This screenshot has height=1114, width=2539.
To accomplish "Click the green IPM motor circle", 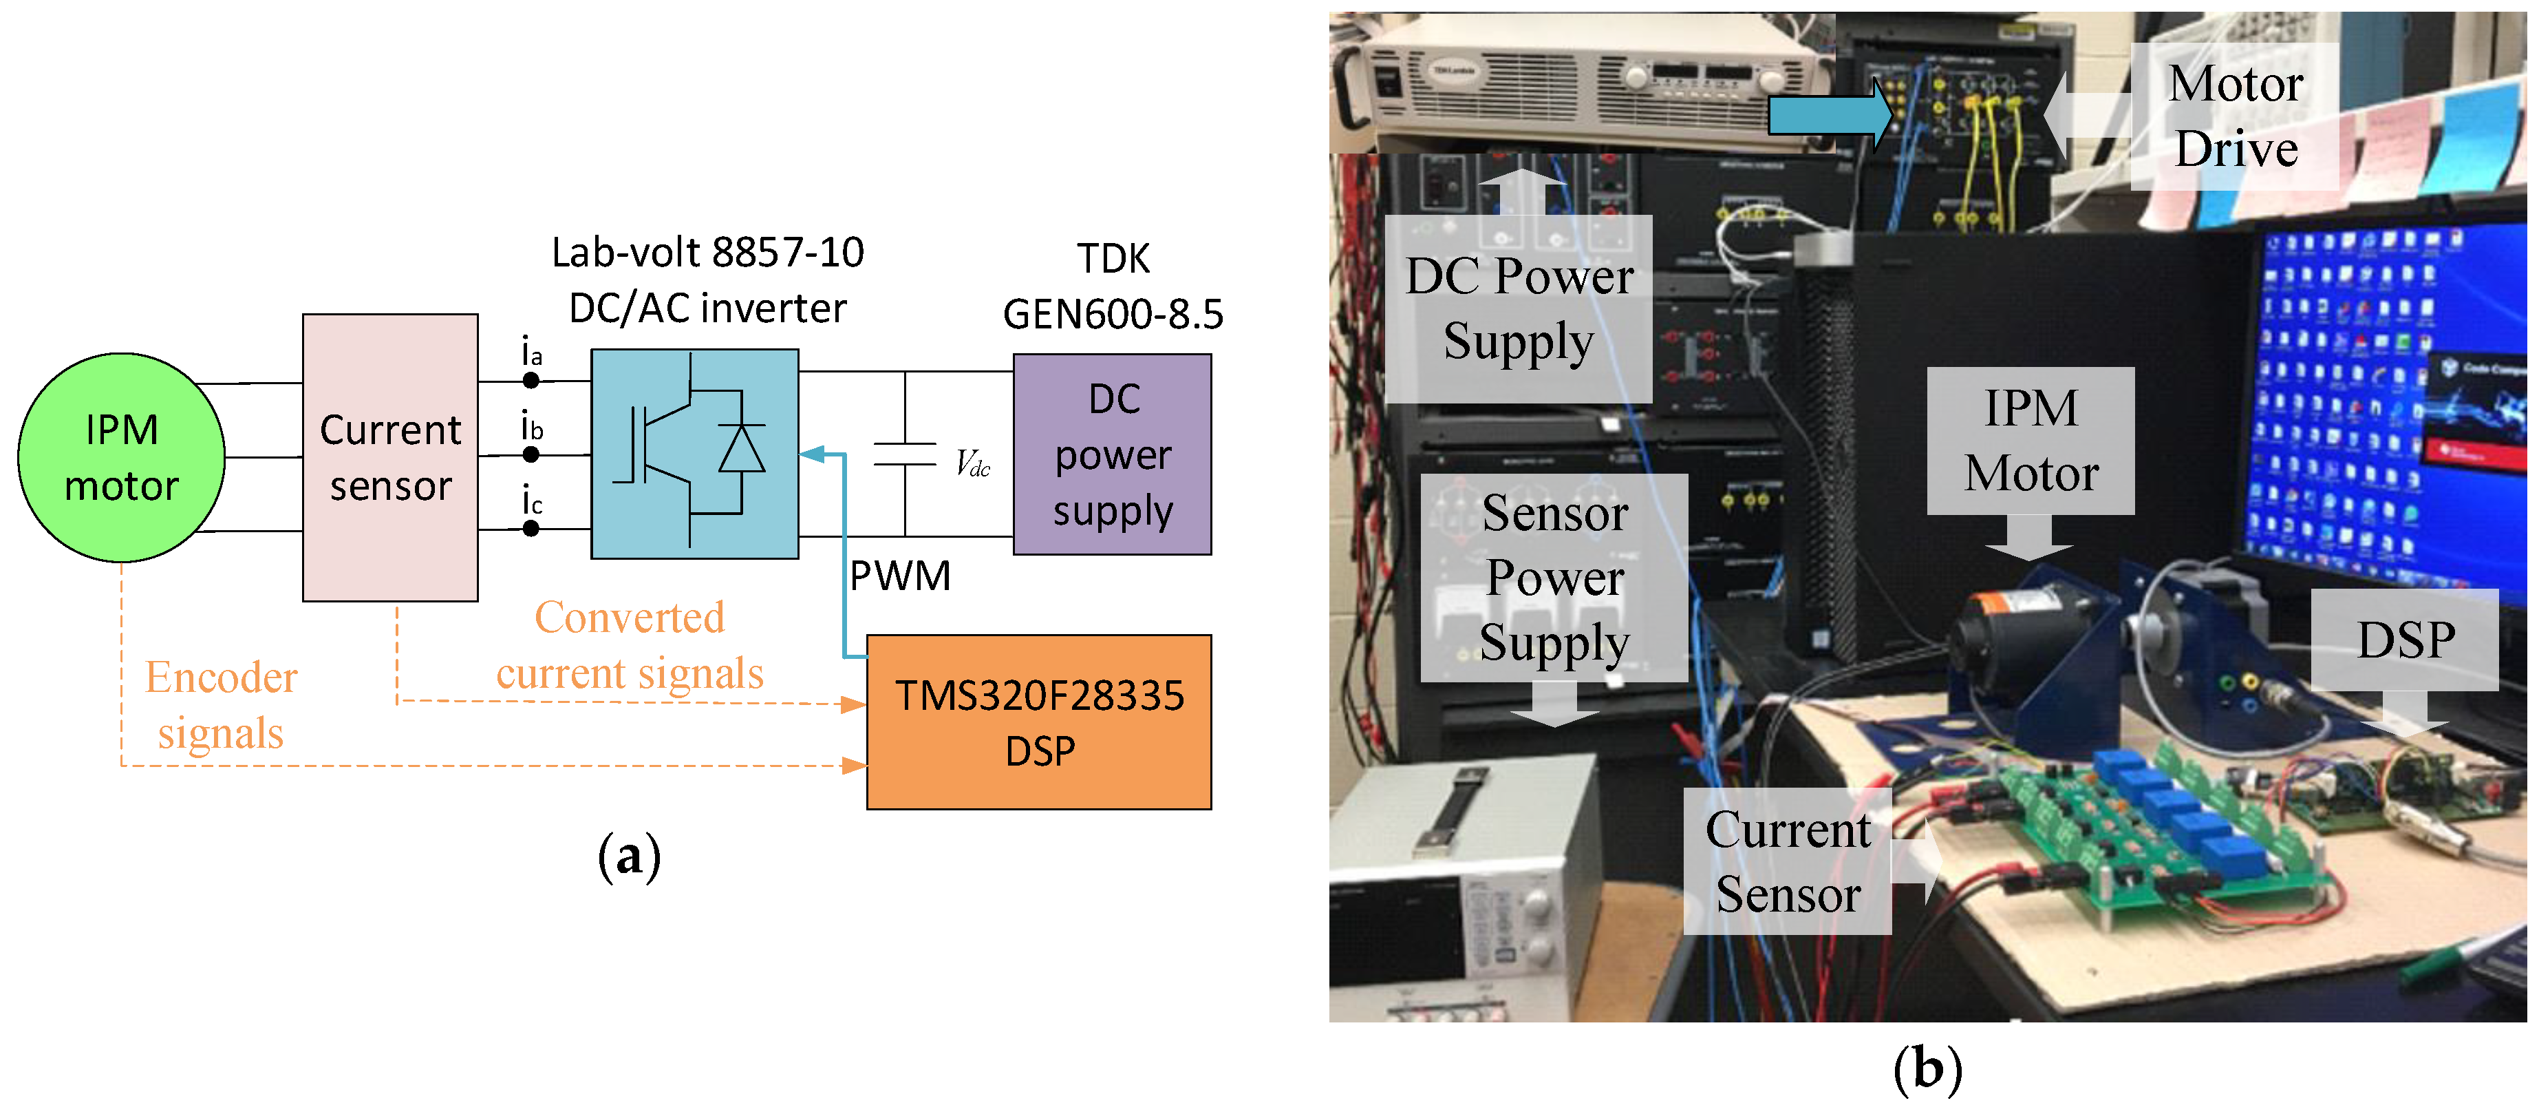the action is [121, 457].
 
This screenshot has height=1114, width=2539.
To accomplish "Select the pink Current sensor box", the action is [390, 457].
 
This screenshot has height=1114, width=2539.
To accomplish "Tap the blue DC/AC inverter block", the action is [695, 454].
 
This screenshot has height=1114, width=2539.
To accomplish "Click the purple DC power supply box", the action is [1113, 454].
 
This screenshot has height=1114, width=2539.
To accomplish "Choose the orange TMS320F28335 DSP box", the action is [1039, 722].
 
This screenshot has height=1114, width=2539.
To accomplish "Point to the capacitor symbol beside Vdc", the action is [905, 454].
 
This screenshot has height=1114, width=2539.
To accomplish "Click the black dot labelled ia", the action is [531, 381].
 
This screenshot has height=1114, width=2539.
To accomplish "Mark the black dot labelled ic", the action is [531, 528].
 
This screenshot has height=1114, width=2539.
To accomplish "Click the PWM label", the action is [901, 576].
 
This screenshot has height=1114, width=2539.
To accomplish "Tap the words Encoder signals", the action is [221, 705].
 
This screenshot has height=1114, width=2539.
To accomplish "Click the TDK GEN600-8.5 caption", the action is [1113, 286].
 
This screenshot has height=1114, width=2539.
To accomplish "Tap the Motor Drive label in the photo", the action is [2236, 116].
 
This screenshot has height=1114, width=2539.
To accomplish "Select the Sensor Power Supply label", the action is [1554, 578].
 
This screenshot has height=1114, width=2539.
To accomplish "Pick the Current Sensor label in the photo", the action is [1788, 861].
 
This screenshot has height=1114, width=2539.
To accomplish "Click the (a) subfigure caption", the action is [629, 856].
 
